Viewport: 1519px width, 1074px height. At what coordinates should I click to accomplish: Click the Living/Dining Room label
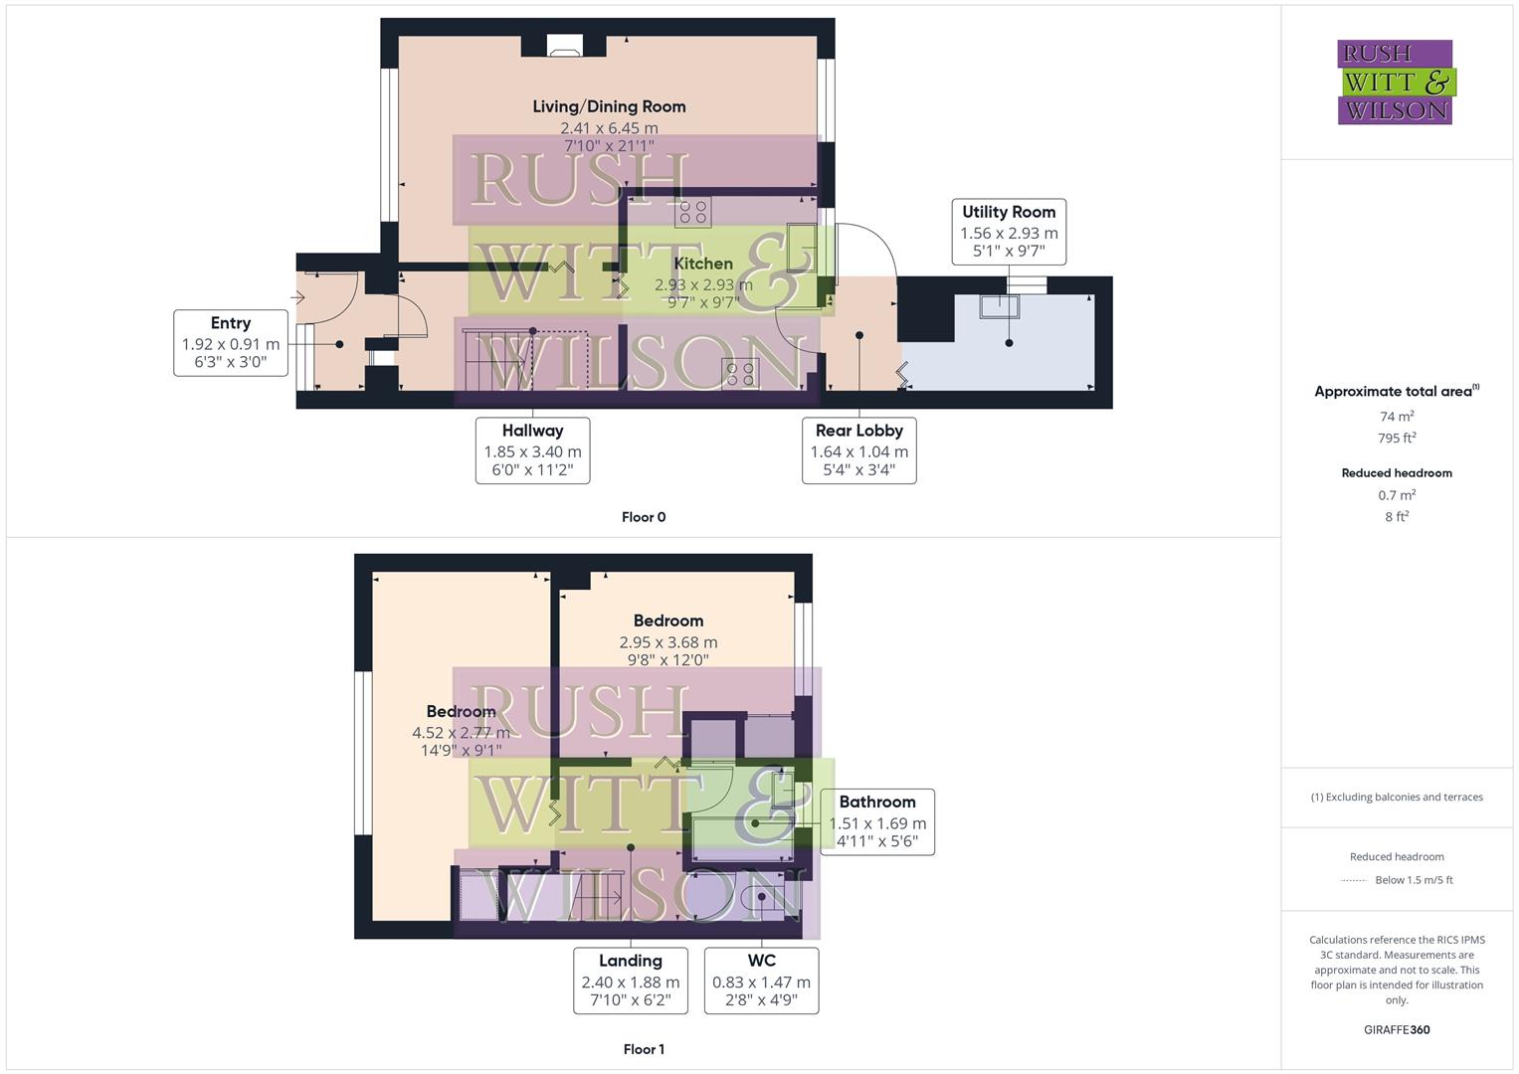click(609, 106)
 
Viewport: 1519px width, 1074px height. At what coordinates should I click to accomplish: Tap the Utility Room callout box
click(1008, 231)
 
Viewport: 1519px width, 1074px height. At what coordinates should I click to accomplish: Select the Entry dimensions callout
click(231, 342)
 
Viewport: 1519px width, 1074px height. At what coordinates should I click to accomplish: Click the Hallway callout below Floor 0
click(532, 450)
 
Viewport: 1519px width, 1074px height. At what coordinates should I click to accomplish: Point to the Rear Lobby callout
click(858, 450)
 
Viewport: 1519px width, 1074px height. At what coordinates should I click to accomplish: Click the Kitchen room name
click(703, 264)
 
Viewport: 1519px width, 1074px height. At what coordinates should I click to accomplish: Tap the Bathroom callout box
click(876, 821)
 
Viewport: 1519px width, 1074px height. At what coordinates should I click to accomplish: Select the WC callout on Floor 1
click(761, 981)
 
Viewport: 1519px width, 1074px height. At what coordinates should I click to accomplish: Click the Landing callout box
click(630, 981)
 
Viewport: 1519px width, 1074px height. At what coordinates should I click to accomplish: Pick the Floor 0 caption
click(644, 517)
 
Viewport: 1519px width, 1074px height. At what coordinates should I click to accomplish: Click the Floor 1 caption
click(644, 1049)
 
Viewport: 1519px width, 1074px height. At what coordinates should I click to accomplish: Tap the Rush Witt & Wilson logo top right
click(1396, 83)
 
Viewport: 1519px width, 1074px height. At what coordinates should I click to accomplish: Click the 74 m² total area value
click(1397, 417)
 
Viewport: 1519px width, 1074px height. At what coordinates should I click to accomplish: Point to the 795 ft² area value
click(1397, 439)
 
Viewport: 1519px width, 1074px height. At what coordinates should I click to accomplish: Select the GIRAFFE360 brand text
click(1397, 1030)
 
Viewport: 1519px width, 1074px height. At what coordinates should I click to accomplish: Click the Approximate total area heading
click(1397, 392)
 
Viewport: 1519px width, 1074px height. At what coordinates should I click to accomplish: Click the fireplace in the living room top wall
click(565, 45)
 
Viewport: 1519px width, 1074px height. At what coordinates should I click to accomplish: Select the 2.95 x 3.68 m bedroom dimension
click(668, 642)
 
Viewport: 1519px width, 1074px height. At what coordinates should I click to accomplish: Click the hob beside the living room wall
click(693, 212)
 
